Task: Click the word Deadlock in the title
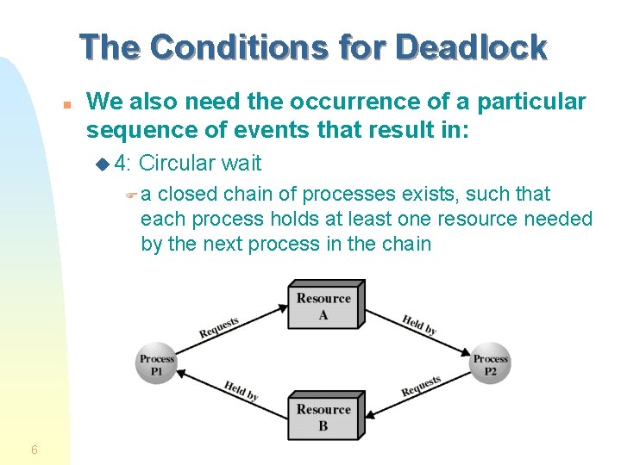471,46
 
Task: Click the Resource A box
324,307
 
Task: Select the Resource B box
324,417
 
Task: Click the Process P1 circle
157,363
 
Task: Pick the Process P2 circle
490,363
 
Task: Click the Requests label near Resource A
219,328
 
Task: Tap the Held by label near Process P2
419,325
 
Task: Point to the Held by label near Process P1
241,390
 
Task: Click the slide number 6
34,449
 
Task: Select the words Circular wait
200,163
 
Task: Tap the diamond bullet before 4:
103,164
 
